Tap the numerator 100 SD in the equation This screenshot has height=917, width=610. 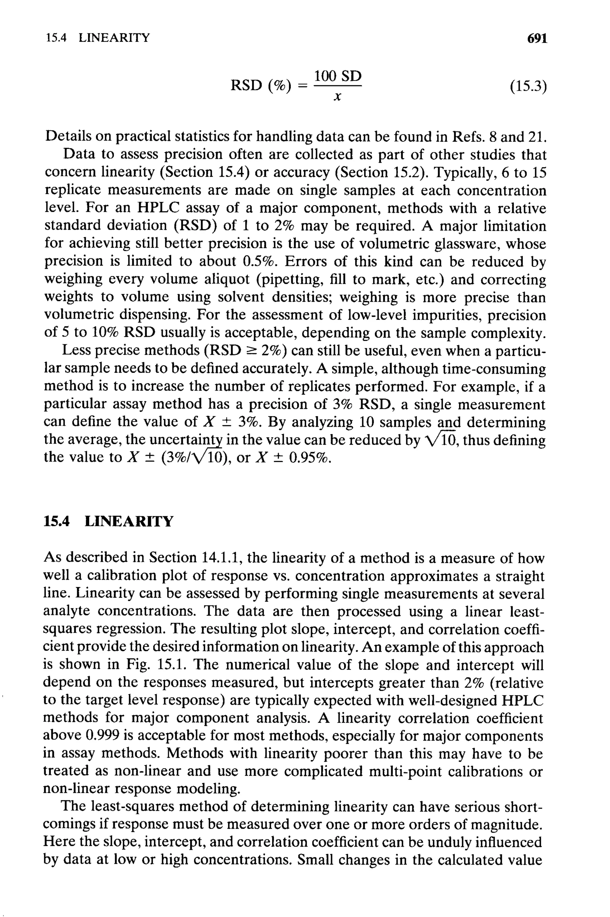point(337,76)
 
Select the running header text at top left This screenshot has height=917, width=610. point(98,38)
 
